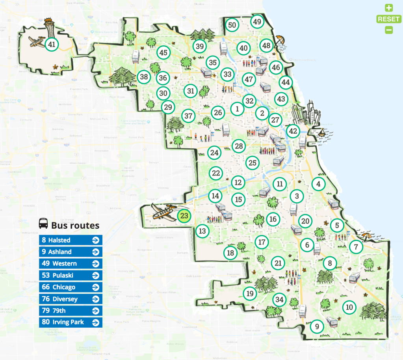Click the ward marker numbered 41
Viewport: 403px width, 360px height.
click(x=51, y=45)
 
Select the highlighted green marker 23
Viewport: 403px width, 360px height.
click(x=184, y=216)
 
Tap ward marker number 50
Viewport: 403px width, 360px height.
click(x=232, y=25)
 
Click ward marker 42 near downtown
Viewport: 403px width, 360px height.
click(x=293, y=131)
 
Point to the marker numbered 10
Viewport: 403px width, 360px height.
click(x=349, y=307)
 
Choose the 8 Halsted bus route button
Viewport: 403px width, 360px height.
click(x=71, y=240)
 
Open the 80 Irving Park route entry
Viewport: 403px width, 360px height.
click(x=71, y=322)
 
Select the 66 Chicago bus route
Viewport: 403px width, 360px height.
click(x=71, y=287)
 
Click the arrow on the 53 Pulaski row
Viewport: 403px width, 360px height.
click(x=95, y=275)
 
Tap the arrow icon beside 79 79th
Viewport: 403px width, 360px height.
click(x=95, y=311)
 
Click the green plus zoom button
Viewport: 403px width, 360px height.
click(x=389, y=8)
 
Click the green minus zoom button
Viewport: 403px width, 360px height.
click(x=389, y=30)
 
